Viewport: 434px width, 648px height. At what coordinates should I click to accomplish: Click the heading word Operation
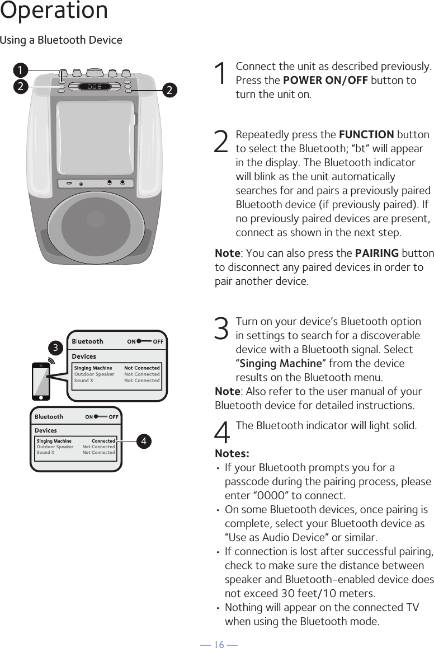[x=54, y=11]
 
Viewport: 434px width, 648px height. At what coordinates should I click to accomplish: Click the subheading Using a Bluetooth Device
[x=61, y=40]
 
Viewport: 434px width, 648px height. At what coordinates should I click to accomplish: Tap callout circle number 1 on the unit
[x=21, y=70]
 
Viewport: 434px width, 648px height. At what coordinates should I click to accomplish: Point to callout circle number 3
[x=56, y=348]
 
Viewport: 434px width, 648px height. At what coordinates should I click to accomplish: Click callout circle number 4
[x=144, y=441]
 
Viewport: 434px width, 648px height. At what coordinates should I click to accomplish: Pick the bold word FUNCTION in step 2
[x=366, y=135]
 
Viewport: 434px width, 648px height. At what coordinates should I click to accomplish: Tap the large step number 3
[x=221, y=328]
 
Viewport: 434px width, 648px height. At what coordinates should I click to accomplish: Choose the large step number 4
[x=222, y=433]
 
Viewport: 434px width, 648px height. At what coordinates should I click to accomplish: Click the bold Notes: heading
[x=232, y=453]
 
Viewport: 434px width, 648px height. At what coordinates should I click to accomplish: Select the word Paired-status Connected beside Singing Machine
[x=103, y=441]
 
